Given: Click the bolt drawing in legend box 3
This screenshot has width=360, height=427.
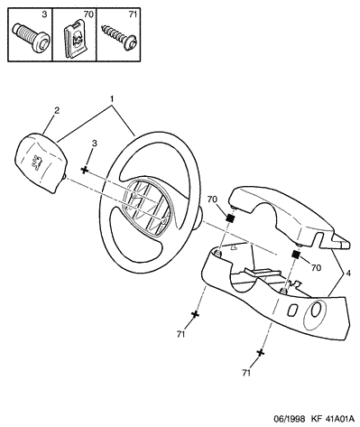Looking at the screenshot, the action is coord(32,38).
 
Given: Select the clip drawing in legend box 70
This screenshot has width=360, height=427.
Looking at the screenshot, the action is coord(75,38).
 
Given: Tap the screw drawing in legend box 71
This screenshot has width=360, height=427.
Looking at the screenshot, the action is coord(120,37).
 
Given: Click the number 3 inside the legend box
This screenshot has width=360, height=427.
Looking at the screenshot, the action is coord(44,14).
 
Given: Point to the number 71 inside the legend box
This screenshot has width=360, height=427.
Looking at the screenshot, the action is coord(133,14).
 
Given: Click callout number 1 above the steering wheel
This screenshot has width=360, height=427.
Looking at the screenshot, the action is coord(111,98).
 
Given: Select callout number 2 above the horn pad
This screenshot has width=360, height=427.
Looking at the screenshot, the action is coord(57,110).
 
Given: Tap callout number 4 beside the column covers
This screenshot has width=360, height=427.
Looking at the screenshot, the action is coord(348,274).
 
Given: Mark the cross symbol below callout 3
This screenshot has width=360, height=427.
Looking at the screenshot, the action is coord(85,171).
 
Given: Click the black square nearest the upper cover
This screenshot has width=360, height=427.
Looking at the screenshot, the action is coord(230,218).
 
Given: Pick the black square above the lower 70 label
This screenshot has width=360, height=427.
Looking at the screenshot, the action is coord(296,255).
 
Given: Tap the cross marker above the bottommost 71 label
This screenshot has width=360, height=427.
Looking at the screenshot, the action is coord(261,353).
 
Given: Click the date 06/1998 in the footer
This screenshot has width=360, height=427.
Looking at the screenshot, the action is coord(289,419).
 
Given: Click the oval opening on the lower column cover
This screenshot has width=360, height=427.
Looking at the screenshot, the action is coord(316,310).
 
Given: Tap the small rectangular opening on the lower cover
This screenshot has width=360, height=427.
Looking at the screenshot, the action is coord(293,310).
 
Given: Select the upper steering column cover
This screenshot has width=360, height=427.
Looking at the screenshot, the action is coord(286,217).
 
